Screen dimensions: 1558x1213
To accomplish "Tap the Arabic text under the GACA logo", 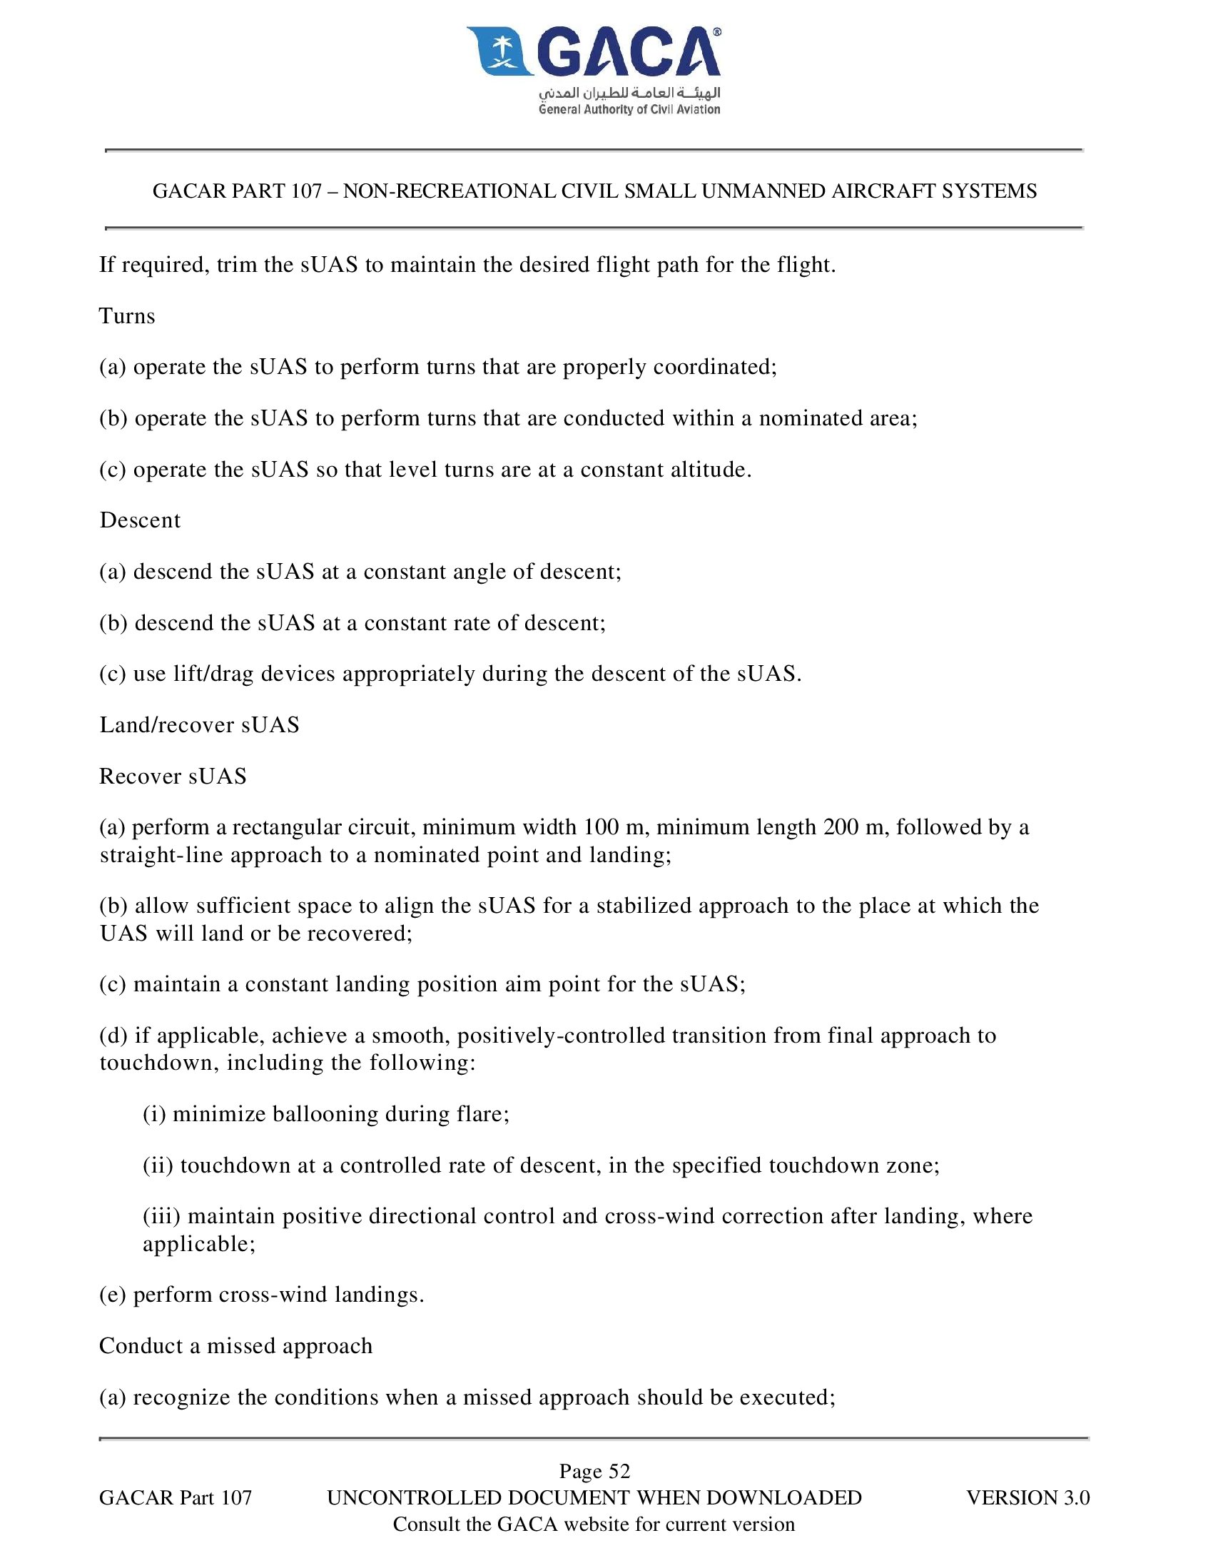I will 629,93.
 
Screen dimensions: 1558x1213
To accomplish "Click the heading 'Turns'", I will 127,316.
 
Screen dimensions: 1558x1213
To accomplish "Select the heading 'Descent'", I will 140,520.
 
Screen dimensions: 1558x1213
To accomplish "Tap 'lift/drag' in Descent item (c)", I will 213,674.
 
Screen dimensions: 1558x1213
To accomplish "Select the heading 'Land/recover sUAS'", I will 199,725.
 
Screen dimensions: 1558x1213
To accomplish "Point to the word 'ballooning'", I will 325,1114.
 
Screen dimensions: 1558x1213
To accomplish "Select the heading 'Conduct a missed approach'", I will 235,1346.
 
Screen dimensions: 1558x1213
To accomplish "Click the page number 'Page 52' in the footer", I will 594,1471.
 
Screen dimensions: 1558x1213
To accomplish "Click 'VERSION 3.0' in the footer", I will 1027,1497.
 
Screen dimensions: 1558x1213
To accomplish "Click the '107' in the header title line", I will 306,191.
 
